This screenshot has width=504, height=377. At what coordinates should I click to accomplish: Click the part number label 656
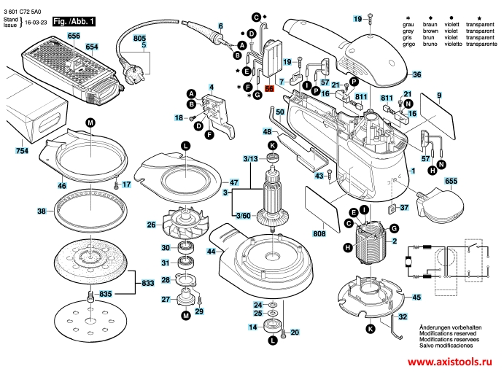[x=74, y=36]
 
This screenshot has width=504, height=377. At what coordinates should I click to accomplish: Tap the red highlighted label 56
[x=269, y=88]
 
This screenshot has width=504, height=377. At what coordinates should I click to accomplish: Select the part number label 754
[x=22, y=151]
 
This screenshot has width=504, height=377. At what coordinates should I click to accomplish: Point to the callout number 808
[x=319, y=234]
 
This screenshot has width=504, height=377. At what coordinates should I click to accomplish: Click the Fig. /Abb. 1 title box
[x=77, y=23]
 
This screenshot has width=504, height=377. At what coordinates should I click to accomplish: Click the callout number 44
[x=211, y=252]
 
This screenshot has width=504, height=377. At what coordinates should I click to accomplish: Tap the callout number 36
[x=416, y=74]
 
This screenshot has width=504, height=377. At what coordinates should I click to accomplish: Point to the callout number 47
[x=234, y=182]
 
